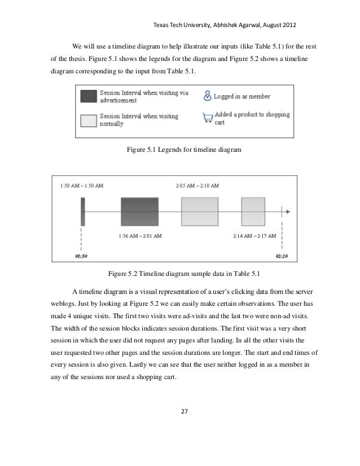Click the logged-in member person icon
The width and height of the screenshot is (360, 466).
point(207,95)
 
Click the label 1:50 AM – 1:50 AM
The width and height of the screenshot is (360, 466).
point(81,185)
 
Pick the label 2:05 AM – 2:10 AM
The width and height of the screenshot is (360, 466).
point(197,185)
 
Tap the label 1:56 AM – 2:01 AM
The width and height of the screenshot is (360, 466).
point(141,235)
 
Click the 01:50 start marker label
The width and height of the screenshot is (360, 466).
point(81,256)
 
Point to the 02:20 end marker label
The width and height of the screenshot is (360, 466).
point(282,256)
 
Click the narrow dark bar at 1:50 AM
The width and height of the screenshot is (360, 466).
point(82,212)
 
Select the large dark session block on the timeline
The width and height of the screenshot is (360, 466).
point(141,212)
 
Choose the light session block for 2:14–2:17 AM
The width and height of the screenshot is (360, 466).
point(253,212)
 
